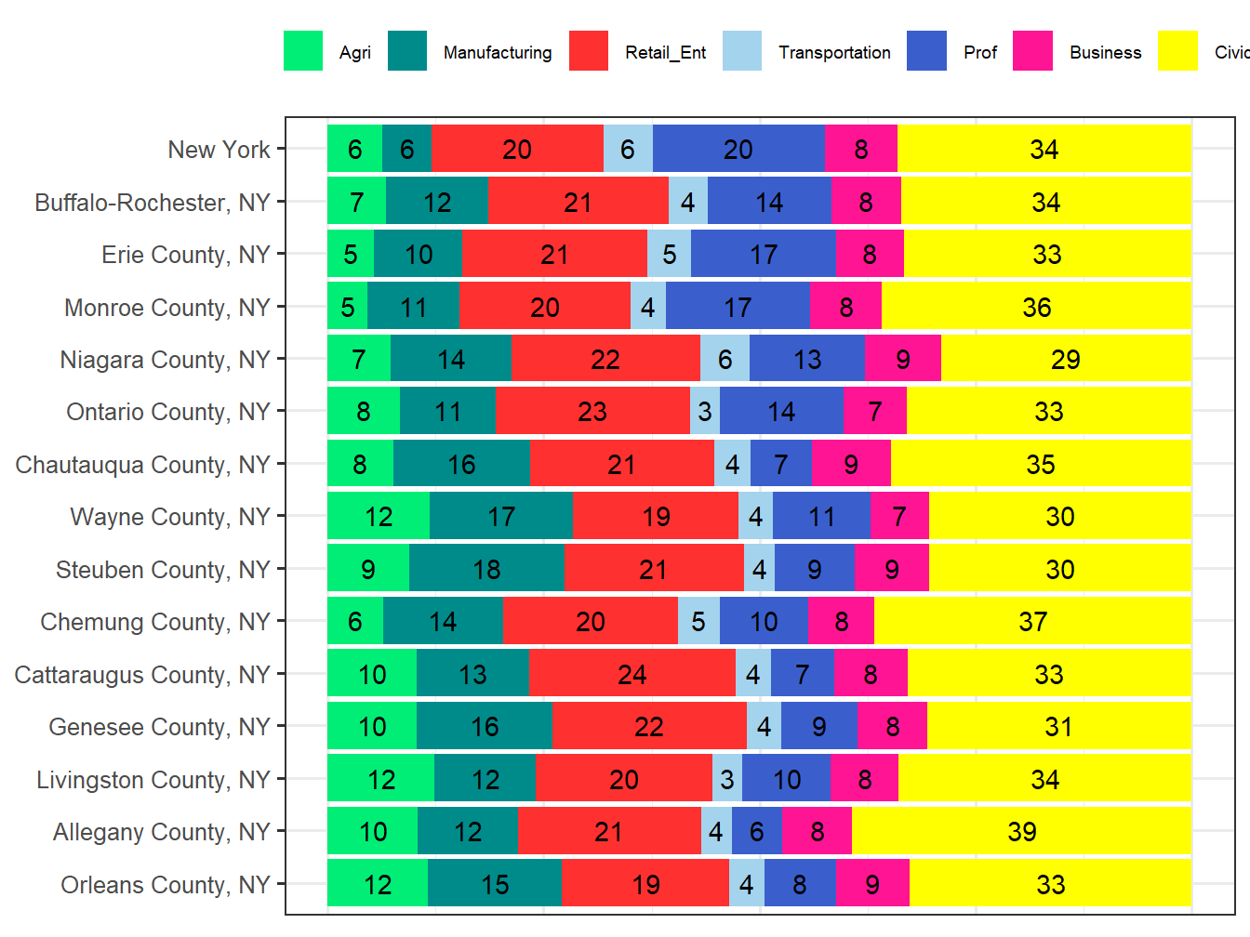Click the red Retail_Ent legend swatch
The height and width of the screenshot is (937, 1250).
588,51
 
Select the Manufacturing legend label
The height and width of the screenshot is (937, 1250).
497,53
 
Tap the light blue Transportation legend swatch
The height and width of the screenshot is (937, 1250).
741,51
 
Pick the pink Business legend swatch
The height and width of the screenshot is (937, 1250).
1032,51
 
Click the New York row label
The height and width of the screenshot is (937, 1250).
219,150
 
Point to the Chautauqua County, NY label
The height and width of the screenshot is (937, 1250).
142,465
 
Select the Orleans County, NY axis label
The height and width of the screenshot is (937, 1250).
165,885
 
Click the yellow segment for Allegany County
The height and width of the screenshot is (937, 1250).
1021,831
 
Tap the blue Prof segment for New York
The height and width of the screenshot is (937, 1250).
738,149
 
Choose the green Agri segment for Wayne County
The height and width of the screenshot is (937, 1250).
379,516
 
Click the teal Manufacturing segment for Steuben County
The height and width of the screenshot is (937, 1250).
486,569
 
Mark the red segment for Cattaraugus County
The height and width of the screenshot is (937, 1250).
632,674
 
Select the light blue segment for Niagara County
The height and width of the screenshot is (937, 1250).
725,359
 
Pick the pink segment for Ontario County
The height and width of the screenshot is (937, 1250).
874,411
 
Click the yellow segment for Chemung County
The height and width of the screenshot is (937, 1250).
1032,621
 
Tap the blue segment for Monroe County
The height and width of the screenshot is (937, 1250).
738,307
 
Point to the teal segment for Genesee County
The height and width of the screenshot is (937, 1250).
485,726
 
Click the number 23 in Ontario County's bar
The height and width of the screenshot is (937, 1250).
592,411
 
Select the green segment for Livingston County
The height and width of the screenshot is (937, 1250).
381,779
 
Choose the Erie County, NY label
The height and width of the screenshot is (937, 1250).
185,255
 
